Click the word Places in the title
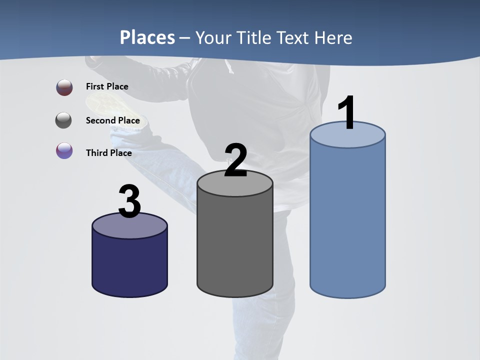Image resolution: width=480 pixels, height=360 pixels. [147, 37]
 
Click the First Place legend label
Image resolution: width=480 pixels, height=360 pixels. [107, 86]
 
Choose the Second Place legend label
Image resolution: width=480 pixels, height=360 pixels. [112, 120]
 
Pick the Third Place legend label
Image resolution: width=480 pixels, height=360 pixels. [109, 153]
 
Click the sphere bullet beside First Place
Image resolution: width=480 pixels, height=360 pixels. [64, 87]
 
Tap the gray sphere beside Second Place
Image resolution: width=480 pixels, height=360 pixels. [64, 120]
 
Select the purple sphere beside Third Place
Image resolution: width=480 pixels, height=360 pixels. [64, 150]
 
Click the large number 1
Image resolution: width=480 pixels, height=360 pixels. [346, 113]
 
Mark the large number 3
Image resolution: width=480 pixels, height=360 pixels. [130, 201]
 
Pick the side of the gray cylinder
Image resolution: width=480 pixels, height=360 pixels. [235, 245]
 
